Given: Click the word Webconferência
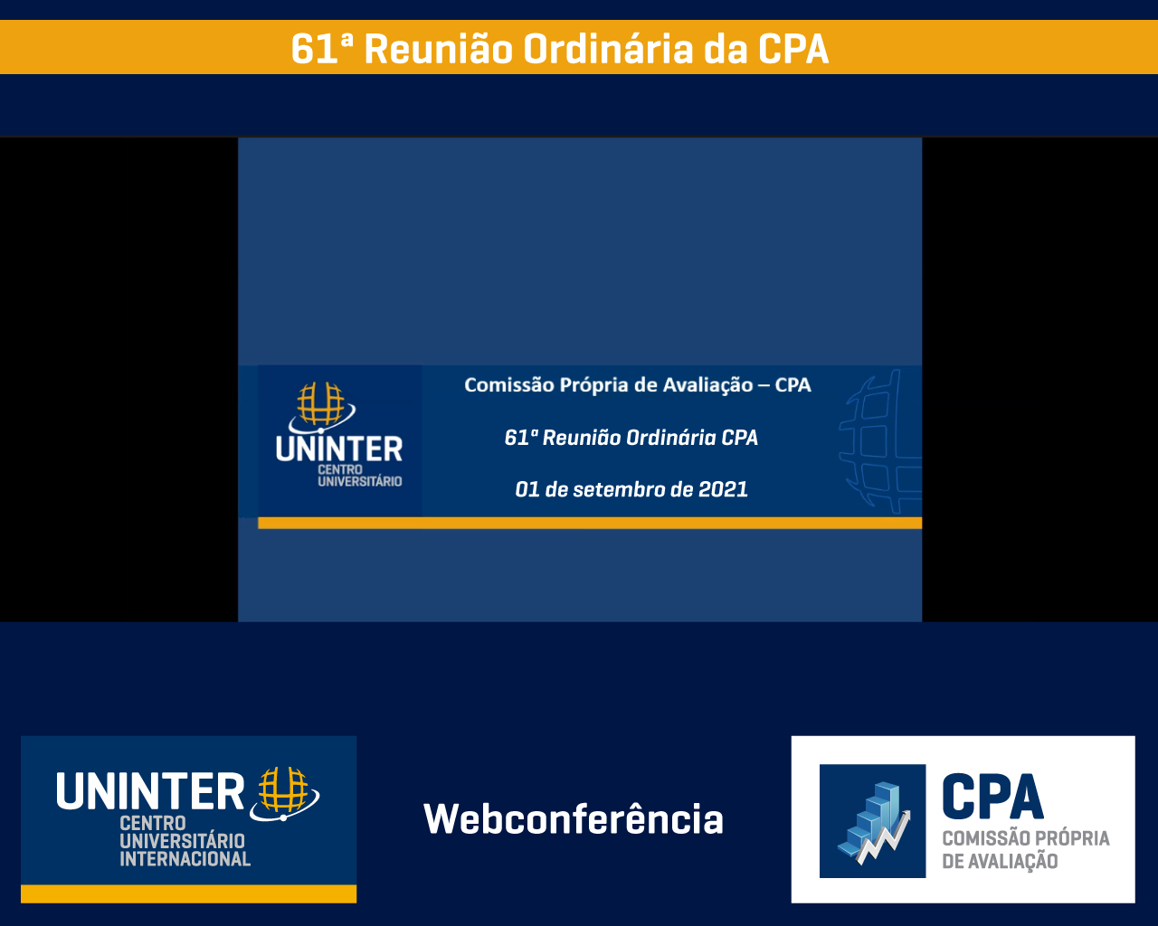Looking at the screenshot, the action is pyautogui.click(x=574, y=818).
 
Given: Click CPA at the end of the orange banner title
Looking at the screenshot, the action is pyautogui.click(x=793, y=49).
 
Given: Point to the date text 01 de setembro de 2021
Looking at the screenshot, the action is pyautogui.click(x=631, y=489).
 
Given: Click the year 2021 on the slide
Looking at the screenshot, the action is pyautogui.click(x=723, y=489).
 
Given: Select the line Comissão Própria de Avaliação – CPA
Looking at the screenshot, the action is pyautogui.click(x=638, y=385).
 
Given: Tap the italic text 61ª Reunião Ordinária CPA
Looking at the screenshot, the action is pyautogui.click(x=631, y=438).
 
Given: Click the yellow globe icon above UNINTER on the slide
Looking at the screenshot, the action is pyautogui.click(x=321, y=407).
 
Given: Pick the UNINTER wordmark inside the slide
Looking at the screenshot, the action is pyautogui.click(x=339, y=449).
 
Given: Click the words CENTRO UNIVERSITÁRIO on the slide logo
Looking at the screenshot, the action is pyautogui.click(x=359, y=476).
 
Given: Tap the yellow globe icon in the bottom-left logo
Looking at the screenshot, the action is pyautogui.click(x=284, y=793).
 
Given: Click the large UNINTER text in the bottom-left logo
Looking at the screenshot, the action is pyautogui.click(x=150, y=791).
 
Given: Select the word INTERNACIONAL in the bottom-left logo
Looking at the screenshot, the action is pyautogui.click(x=185, y=859).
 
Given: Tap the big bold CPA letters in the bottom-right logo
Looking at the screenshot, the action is pyautogui.click(x=992, y=797).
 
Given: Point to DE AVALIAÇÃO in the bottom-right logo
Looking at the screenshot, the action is pyautogui.click(x=1000, y=861).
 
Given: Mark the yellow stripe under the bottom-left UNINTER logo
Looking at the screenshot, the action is pyautogui.click(x=188, y=893).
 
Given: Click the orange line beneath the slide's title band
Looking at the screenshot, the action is pyautogui.click(x=590, y=523).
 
